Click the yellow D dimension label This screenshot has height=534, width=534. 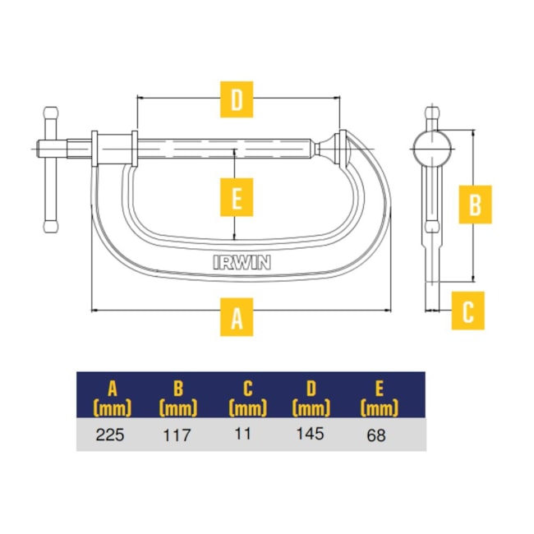click(x=237, y=99)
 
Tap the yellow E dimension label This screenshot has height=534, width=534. click(x=237, y=197)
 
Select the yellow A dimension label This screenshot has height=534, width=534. click(x=237, y=317)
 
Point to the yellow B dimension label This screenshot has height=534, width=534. click(x=475, y=205)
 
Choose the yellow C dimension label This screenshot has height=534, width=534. click(x=468, y=311)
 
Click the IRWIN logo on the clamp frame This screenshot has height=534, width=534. click(x=242, y=262)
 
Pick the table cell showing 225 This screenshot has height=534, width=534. click(x=110, y=435)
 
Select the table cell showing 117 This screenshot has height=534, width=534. click(x=177, y=435)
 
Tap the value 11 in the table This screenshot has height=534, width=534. click(x=243, y=434)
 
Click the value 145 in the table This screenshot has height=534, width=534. click(x=310, y=434)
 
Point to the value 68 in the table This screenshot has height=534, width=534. click(x=376, y=435)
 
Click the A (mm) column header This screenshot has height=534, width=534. click(x=113, y=398)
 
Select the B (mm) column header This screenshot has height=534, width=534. click(x=178, y=398)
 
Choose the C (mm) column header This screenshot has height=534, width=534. click(x=247, y=398)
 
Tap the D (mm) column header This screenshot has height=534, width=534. click(x=311, y=398)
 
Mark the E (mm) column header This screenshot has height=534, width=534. click(x=379, y=398)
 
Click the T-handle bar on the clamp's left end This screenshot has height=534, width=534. click(x=51, y=171)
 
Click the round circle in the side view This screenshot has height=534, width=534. click(x=432, y=149)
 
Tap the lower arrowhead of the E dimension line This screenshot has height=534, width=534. click(x=234, y=237)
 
